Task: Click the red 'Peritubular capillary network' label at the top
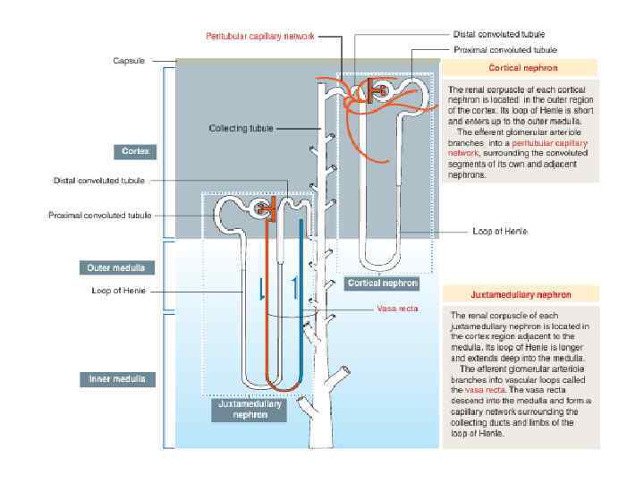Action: (260, 37)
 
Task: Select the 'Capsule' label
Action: (128, 61)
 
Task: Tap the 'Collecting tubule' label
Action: (241, 128)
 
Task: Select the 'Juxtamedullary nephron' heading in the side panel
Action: (521, 293)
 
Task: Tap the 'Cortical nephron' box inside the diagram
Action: (382, 283)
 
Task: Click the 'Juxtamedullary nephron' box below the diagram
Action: (250, 409)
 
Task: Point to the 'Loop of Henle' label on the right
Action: (499, 231)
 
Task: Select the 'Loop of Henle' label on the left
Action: (118, 290)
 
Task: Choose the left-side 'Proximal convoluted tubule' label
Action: (100, 215)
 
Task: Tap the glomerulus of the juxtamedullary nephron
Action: (263, 209)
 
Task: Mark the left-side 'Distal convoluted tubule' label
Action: (99, 180)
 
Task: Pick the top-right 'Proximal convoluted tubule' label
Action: (504, 50)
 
